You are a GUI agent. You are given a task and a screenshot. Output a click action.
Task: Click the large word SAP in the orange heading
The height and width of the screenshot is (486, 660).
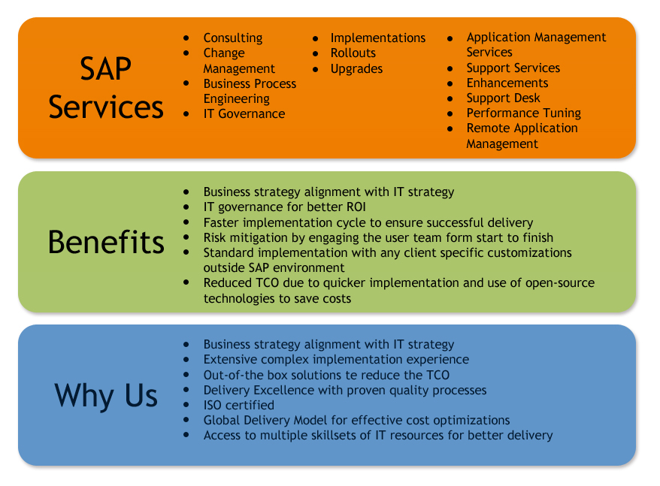click(106, 68)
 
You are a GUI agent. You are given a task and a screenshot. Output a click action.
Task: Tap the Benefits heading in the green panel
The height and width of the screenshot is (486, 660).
click(106, 242)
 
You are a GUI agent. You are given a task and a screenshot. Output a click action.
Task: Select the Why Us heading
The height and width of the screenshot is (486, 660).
click(106, 396)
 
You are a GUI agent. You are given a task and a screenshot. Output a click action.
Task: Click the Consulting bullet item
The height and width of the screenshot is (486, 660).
click(233, 38)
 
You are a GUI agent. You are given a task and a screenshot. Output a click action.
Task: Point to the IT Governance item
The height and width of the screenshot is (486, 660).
click(244, 113)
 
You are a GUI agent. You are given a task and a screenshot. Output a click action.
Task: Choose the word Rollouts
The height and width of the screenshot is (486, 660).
click(353, 53)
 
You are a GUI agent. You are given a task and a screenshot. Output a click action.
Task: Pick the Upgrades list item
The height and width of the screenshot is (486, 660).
click(356, 68)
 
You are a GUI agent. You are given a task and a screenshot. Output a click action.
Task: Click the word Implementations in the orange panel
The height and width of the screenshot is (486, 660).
click(378, 38)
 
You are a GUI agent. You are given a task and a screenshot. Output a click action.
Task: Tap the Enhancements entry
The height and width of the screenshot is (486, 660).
click(507, 83)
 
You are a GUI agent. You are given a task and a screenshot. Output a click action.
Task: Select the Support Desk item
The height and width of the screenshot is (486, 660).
click(503, 98)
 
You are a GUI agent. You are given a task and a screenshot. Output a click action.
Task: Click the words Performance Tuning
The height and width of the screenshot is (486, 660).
click(524, 113)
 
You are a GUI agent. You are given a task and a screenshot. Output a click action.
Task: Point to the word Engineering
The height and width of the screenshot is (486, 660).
click(237, 99)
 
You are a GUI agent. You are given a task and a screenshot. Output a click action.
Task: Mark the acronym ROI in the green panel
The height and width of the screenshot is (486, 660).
click(356, 207)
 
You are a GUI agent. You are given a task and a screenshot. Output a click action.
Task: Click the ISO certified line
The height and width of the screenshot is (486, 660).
click(238, 405)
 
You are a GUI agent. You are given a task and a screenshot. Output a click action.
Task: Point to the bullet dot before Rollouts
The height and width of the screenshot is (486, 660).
click(315, 53)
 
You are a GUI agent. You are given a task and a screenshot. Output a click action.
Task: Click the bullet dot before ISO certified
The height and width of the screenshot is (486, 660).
click(186, 405)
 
